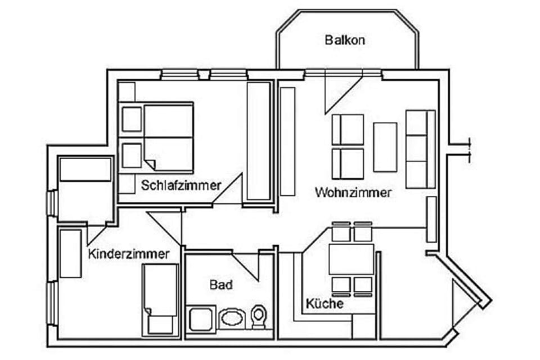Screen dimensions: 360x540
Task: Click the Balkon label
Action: pos(345,40)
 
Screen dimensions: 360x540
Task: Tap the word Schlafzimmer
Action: pos(181,185)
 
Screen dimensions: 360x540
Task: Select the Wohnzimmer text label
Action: pos(353,192)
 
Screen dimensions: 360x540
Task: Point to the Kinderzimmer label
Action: pos(129,254)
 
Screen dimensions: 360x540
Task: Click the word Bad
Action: pos(221,285)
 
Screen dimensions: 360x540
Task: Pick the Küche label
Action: pos(325,304)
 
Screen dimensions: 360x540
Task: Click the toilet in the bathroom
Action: pos(259,317)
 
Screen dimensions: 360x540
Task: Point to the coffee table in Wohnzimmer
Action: pos(385,147)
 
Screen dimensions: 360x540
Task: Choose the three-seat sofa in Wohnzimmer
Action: pos(420,149)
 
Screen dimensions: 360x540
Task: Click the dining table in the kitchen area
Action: pos(352,259)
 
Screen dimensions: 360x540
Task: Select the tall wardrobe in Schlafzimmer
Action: pos(259,141)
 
